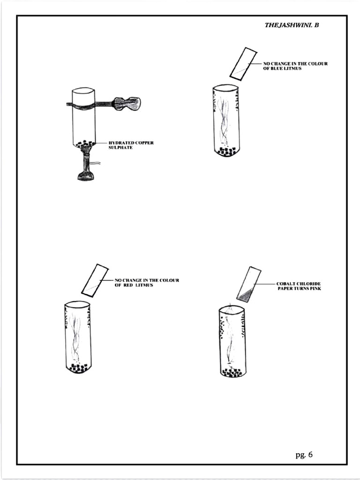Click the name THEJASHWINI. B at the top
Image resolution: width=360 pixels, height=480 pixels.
pos(292,25)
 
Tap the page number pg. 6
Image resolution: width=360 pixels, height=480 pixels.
pos(304,454)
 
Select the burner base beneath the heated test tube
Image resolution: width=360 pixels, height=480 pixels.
pos(85,176)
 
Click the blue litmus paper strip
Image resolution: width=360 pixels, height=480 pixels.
pos(243,63)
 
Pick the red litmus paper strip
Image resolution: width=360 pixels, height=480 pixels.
pos(95,280)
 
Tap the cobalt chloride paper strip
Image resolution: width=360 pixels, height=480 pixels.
pos(249,284)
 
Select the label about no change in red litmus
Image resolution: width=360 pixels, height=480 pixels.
pos(147,283)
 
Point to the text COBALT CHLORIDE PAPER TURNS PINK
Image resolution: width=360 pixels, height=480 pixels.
pos(299,286)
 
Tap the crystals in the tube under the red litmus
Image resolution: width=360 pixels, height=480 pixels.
pos(78,368)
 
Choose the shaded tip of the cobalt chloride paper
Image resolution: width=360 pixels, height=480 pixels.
pos(244,295)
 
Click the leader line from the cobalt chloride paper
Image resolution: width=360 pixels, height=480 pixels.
pos(265,284)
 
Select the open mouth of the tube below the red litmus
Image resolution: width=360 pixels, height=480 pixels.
pos(77,304)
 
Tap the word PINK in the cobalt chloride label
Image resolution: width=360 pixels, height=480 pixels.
pos(315,289)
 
